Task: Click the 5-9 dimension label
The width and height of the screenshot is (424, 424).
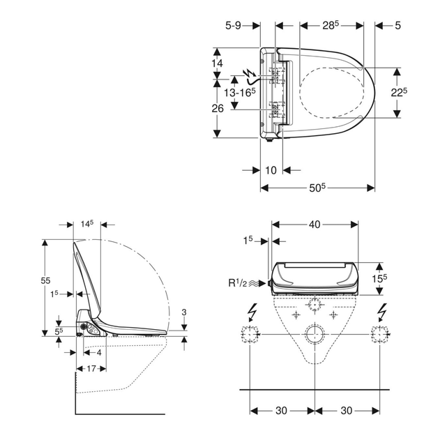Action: point(233,26)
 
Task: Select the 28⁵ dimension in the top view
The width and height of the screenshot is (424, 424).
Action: point(330,25)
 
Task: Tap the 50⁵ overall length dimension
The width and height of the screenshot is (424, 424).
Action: point(317,188)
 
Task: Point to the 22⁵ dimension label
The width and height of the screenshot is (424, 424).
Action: point(399,92)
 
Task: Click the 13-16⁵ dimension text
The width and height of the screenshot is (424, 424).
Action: point(240,93)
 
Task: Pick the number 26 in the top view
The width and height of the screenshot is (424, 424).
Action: point(218,108)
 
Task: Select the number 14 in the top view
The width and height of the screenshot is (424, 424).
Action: point(217,63)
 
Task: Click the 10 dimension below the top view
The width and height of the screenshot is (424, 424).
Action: point(271,170)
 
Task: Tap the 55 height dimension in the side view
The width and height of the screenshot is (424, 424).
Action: point(45,280)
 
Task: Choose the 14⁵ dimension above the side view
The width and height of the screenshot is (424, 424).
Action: point(87,224)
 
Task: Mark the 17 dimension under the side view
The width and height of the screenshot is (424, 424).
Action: point(91,369)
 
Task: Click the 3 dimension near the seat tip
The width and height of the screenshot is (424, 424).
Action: point(184,312)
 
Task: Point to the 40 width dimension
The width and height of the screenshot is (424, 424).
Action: point(315,224)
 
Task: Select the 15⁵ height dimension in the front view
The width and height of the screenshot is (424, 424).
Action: point(379,278)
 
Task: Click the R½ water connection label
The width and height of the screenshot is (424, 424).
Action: point(238,283)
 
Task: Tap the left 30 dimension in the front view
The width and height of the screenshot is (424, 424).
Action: point(281,411)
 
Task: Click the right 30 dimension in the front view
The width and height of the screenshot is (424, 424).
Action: point(347,411)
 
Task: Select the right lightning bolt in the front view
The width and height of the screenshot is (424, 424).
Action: point(382,312)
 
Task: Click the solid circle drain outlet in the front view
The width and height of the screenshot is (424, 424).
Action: point(315,334)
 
